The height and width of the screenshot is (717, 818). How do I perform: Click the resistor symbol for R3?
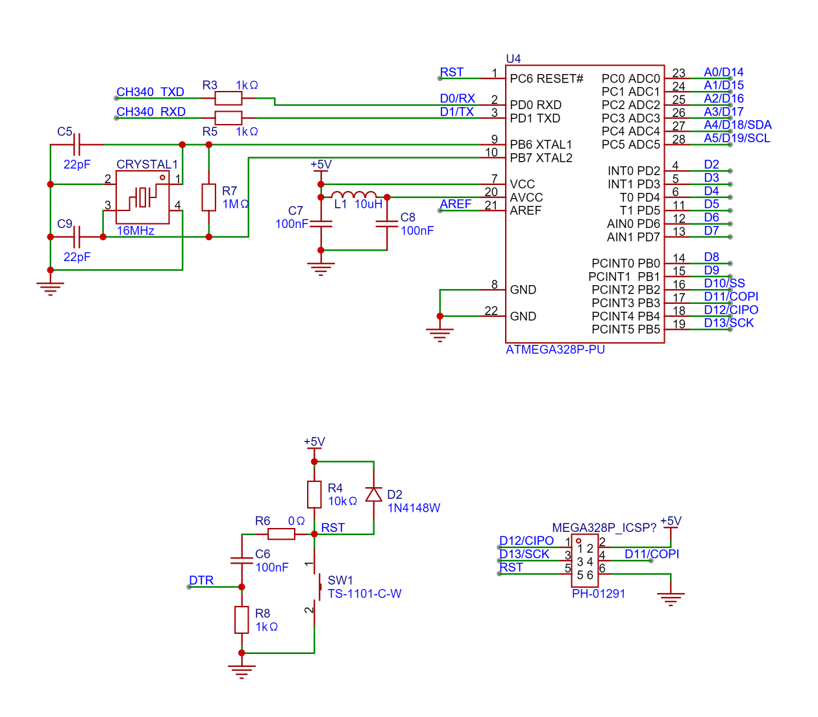228,99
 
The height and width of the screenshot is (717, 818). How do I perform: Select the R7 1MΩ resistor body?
208,197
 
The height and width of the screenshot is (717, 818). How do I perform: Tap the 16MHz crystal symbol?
143,197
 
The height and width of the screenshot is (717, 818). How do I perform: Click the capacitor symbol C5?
77,144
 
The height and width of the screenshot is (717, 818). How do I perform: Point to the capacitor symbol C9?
77,237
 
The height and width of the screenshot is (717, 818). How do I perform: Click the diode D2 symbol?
374,495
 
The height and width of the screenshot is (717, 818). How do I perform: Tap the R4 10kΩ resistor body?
314,495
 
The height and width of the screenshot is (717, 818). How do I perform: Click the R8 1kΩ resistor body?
242,620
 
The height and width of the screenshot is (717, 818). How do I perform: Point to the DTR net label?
201,581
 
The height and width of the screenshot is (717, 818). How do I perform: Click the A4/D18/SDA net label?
737,125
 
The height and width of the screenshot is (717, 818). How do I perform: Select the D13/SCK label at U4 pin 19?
728,323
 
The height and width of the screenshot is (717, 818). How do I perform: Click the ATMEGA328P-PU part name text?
555,350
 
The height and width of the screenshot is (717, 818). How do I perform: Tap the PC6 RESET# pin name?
546,79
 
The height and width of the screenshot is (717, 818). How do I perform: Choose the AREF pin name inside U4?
525,210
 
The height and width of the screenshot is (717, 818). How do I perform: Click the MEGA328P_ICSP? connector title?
604,527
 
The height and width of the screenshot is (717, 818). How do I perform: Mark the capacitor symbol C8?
387,224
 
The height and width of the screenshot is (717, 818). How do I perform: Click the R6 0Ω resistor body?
281,535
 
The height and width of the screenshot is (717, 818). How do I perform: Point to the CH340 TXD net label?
151,92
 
